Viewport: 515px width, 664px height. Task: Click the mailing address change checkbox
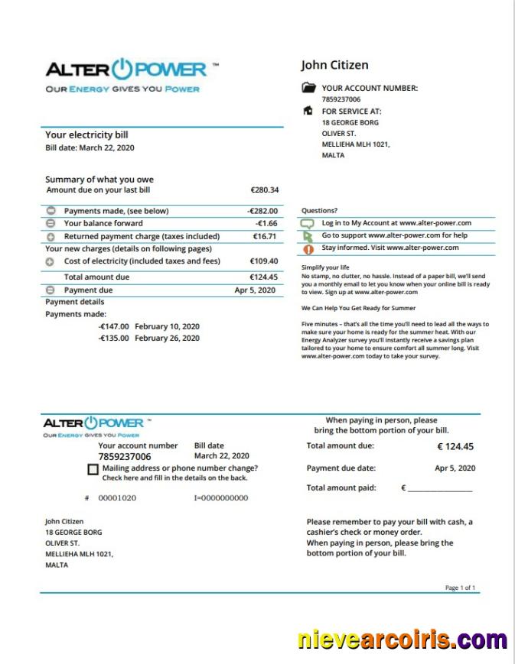click(93, 470)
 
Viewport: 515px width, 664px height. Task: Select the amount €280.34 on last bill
click(264, 190)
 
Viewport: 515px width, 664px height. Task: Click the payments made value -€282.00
click(262, 211)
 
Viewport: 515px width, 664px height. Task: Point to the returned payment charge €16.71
click(265, 237)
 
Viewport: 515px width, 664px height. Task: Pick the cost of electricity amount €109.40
click(264, 261)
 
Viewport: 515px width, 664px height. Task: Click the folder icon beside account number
click(309, 88)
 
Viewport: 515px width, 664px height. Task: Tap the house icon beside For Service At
click(308, 111)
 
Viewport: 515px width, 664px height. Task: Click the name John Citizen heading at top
click(334, 65)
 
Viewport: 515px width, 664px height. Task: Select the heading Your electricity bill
click(86, 135)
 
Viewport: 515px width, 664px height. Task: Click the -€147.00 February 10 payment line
click(148, 326)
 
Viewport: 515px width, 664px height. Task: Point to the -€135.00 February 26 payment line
click(148, 338)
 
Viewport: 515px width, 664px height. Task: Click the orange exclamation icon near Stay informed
click(308, 249)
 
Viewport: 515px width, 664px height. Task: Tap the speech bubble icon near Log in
click(308, 224)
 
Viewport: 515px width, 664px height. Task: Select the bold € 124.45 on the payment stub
click(455, 447)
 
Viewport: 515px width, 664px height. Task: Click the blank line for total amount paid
click(439, 488)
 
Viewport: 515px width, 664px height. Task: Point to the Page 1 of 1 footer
click(460, 588)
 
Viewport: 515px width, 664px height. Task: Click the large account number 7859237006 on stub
click(125, 457)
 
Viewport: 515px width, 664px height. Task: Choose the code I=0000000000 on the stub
click(221, 498)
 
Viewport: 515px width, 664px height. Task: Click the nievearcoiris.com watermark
click(402, 639)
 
